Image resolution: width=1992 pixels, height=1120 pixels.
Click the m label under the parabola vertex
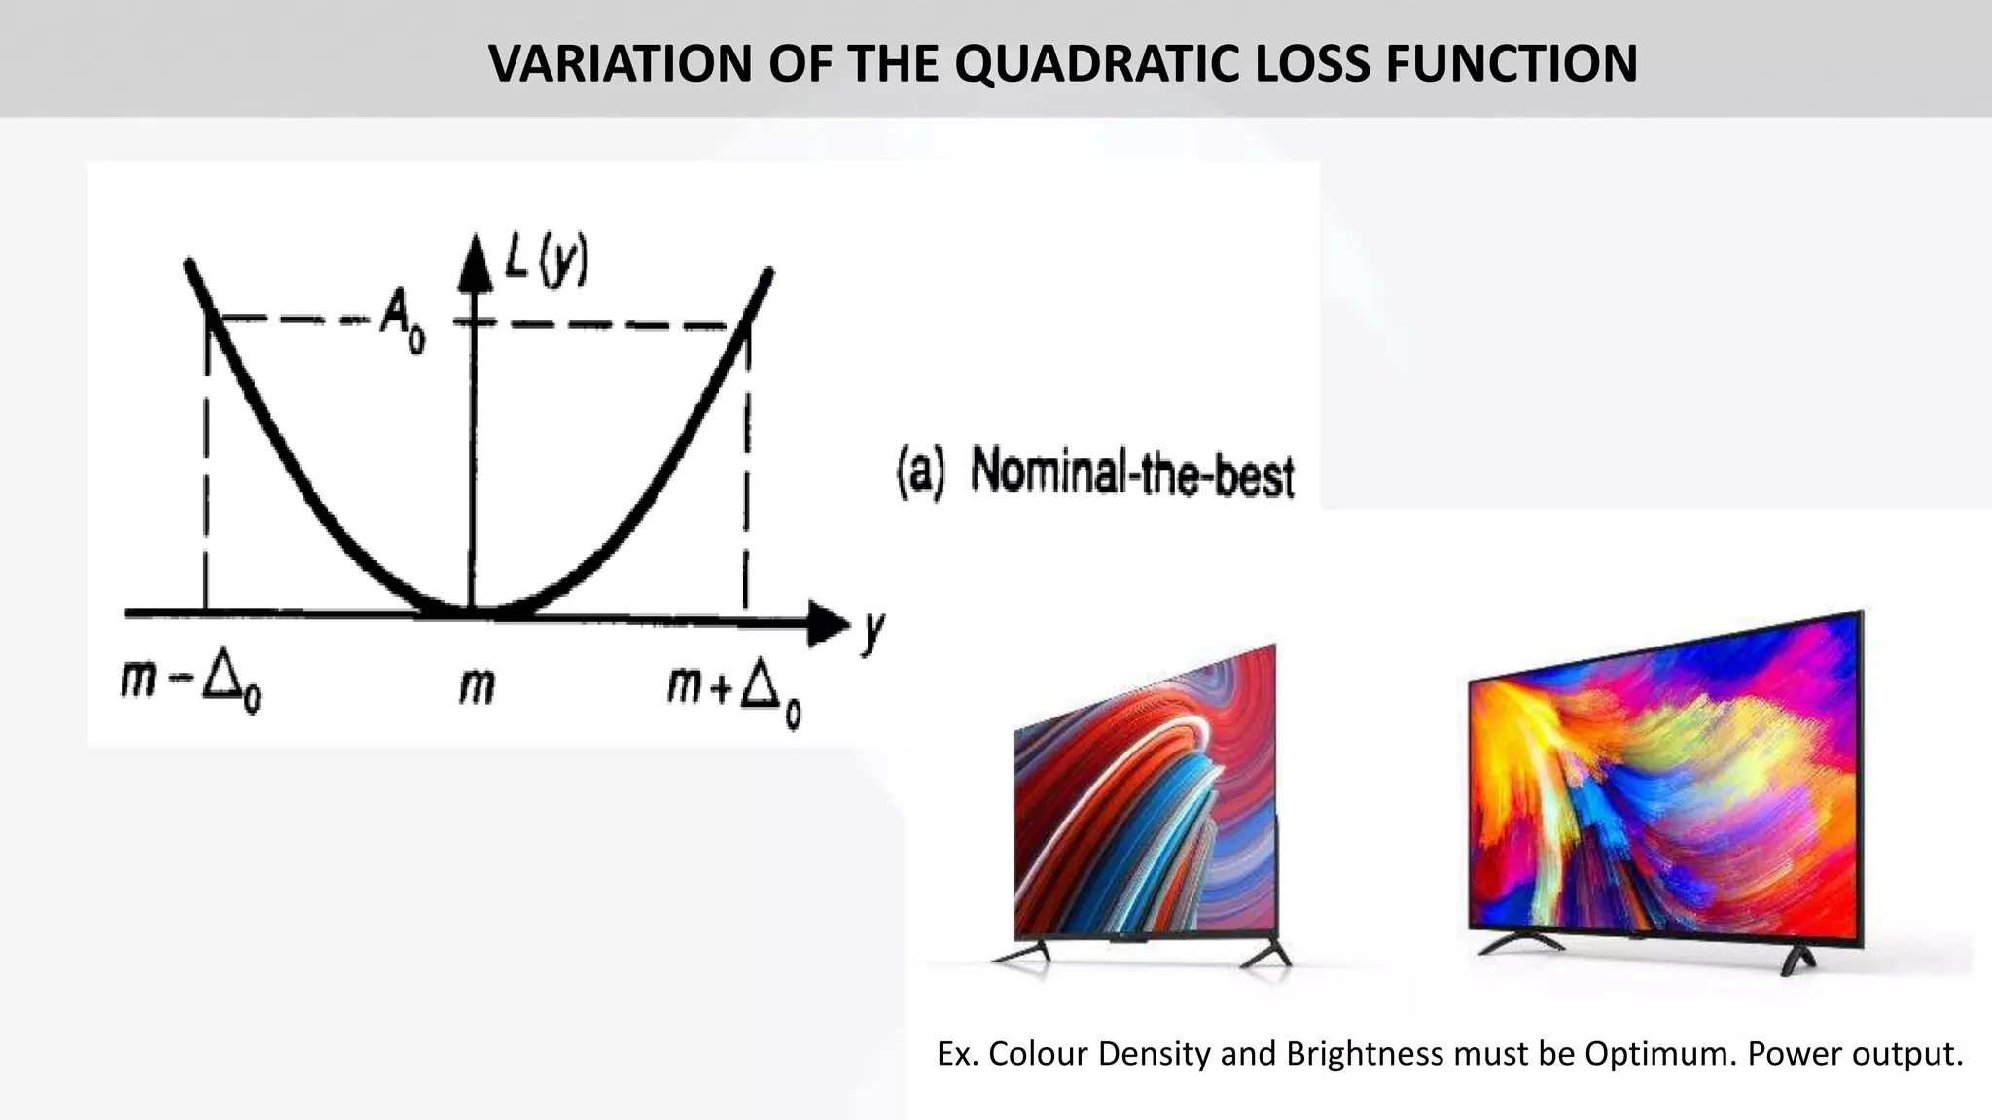tap(477, 686)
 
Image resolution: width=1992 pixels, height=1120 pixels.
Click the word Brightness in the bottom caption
tap(1364, 1054)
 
